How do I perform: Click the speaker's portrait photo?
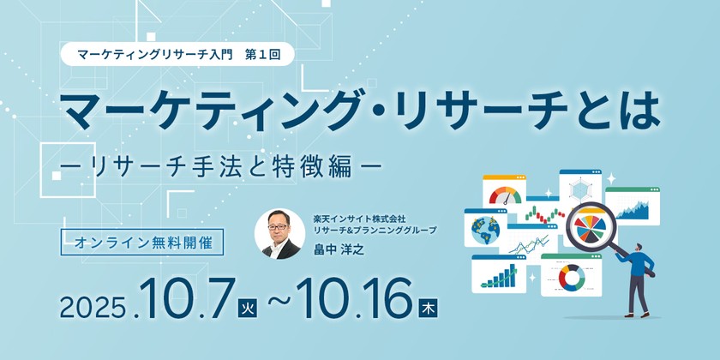pos(279,233)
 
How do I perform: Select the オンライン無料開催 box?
pos(142,242)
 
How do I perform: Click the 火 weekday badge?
pos(247,308)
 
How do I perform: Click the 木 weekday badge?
pos(428,308)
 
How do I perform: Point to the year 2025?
pos(93,308)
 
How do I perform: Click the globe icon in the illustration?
pos(485,230)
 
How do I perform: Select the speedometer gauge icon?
pos(505,195)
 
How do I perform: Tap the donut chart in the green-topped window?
pos(571,278)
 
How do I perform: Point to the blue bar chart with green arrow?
pos(498,276)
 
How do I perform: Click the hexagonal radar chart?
pos(580,189)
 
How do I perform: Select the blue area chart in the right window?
pos(633,210)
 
